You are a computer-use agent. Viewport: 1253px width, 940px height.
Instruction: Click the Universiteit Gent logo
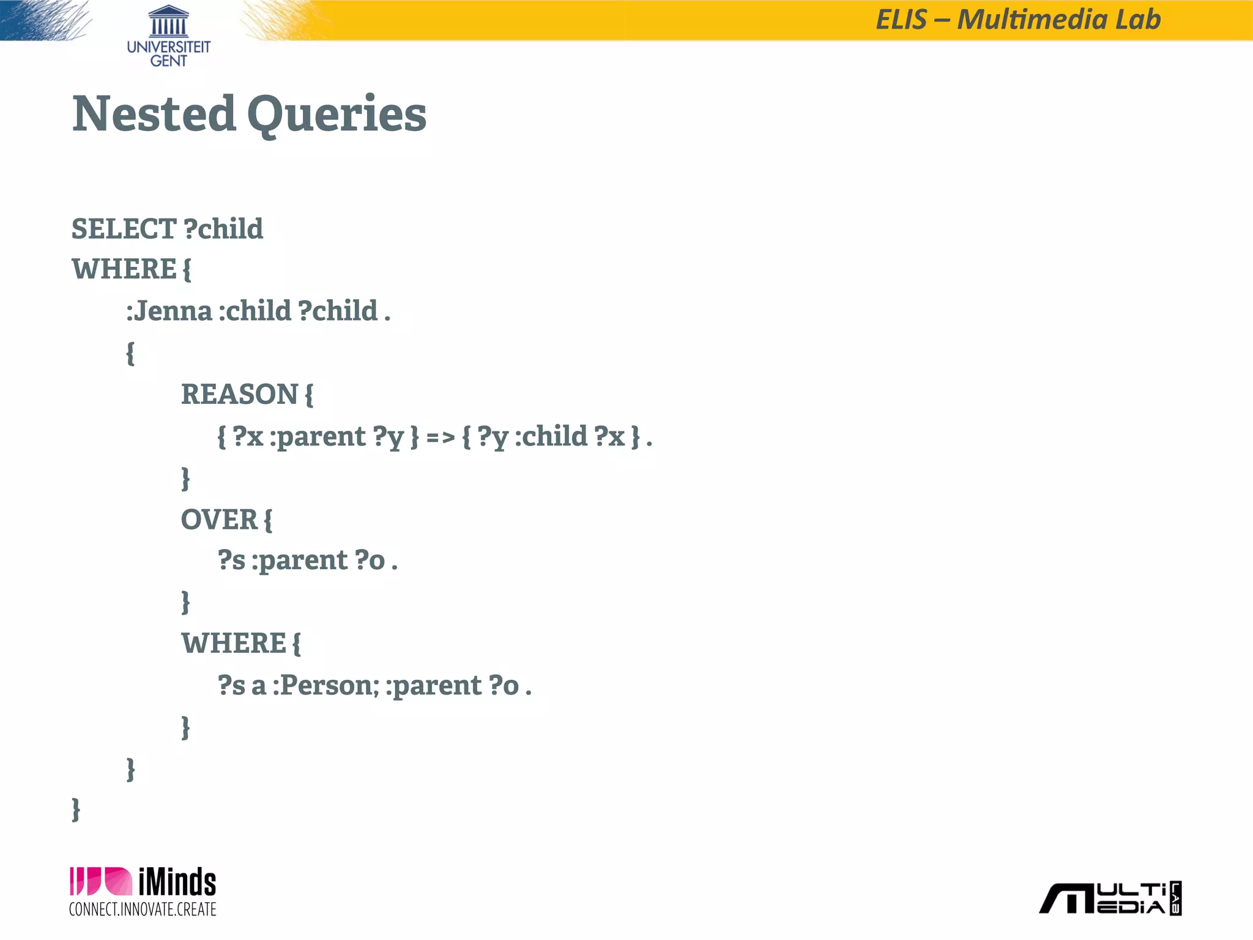pos(168,35)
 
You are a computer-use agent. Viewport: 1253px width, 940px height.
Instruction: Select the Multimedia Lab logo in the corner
pos(1110,898)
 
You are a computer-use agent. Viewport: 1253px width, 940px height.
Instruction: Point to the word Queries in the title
pos(336,115)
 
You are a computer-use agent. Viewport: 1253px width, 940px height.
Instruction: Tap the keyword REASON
pos(239,394)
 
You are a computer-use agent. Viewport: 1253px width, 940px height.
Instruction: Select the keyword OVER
pos(219,520)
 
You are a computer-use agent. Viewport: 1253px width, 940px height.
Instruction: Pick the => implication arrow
pos(441,437)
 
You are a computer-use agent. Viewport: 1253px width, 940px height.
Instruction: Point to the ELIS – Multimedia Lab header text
pos(1018,20)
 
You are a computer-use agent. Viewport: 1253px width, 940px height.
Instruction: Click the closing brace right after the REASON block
pos(185,478)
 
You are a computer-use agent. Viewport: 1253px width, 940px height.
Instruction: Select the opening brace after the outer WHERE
pos(187,269)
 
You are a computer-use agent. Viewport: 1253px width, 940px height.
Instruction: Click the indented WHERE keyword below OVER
pos(233,644)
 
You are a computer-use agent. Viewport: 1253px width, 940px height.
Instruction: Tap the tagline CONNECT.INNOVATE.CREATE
pos(143,909)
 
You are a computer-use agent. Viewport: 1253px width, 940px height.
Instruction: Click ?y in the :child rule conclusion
pos(493,437)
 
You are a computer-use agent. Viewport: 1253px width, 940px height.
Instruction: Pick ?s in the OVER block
pos(231,561)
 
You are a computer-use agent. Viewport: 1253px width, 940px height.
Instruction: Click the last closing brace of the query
pos(76,810)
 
